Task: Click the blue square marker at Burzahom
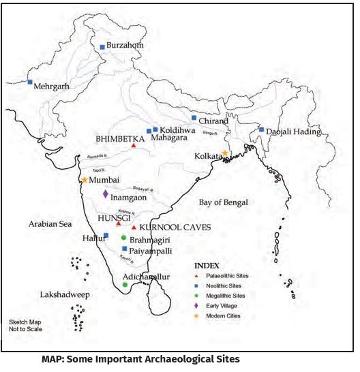point(102,47)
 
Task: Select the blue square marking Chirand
point(194,117)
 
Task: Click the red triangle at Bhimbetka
point(134,145)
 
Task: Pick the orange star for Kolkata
point(225,153)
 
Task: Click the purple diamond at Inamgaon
point(105,194)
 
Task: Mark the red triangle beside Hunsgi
point(119,223)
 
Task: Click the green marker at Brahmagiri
point(123,237)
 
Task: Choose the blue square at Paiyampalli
point(124,249)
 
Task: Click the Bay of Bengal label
point(224,202)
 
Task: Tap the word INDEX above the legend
point(207,265)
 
